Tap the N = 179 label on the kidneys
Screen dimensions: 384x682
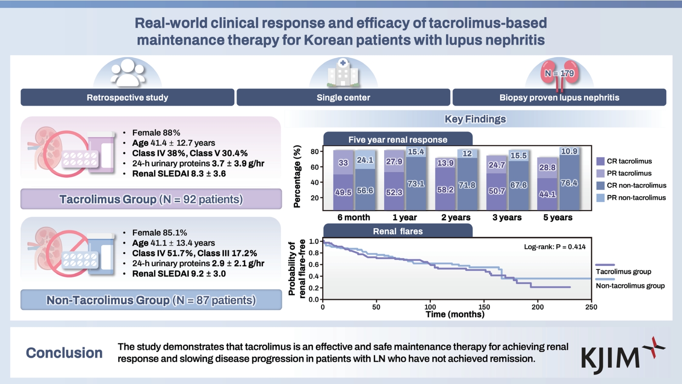pyautogui.click(x=559, y=73)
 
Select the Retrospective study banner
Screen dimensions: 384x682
pyautogui.click(x=127, y=98)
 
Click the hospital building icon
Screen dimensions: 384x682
pyautogui.click(x=343, y=73)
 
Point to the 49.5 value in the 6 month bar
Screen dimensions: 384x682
pyautogui.click(x=343, y=192)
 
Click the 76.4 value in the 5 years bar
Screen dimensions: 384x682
pyautogui.click(x=569, y=183)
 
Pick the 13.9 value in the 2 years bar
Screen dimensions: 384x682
pyautogui.click(x=445, y=163)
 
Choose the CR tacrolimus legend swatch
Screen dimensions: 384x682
pyautogui.click(x=600, y=161)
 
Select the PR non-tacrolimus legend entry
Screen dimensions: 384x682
pyautogui.click(x=631, y=198)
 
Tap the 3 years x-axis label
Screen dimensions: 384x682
pyautogui.click(x=507, y=217)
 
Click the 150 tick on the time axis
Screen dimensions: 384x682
pyautogui.click(x=484, y=307)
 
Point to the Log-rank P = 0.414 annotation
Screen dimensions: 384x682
pyautogui.click(x=555, y=247)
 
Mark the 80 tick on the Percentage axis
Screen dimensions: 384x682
pyautogui.click(x=314, y=152)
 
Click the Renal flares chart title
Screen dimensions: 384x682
pyautogui.click(x=398, y=232)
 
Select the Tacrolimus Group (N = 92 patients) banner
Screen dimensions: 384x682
pyautogui.click(x=151, y=199)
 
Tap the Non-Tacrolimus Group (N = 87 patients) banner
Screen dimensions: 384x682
pyautogui.click(x=151, y=300)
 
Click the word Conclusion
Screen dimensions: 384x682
pyautogui.click(x=64, y=353)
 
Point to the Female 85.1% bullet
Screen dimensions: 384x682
pyautogui.click(x=159, y=233)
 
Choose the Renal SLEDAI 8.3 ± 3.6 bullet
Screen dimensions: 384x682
pyautogui.click(x=179, y=174)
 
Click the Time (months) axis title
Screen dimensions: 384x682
pyautogui.click(x=455, y=315)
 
